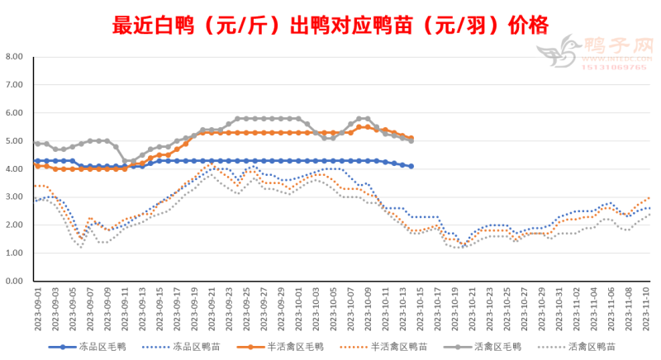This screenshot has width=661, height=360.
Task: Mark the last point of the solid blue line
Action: coord(411,166)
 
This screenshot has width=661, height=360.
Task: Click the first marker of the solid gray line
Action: coord(36,144)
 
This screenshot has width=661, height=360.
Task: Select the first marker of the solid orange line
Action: coord(36,166)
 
